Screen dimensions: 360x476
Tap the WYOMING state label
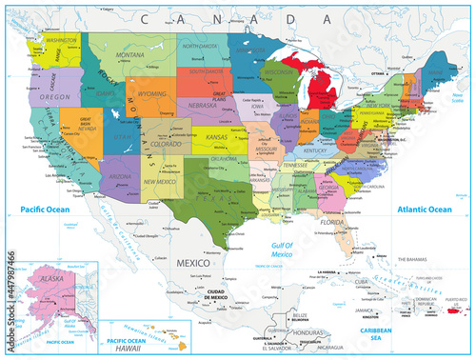point(148,95)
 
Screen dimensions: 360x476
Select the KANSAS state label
point(216,138)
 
